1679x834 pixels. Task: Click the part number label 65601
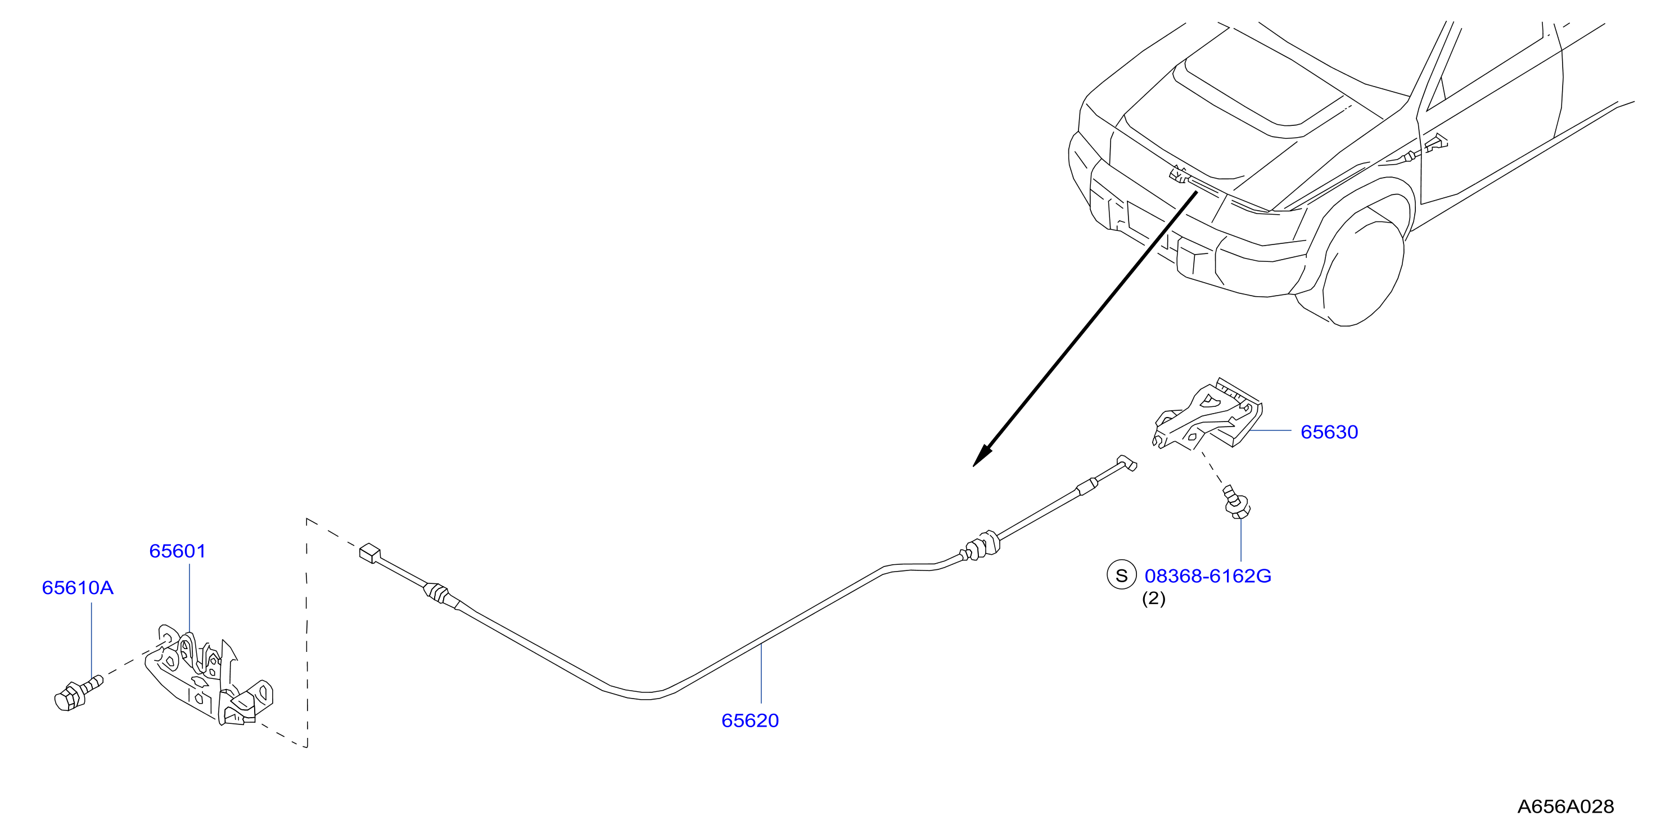tap(177, 551)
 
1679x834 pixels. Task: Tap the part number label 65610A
tap(78, 588)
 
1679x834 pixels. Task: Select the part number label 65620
tap(750, 720)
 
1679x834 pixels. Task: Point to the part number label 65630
tap(1329, 432)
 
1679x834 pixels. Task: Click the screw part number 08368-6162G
tap(1208, 576)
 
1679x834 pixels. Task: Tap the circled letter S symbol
tap(1121, 575)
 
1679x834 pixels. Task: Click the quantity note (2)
tap(1154, 599)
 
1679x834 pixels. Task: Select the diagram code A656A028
tap(1565, 806)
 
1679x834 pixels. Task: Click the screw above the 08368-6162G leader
tap(1236, 502)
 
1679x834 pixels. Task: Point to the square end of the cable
tap(369, 553)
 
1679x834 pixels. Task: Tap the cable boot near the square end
tap(437, 592)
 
